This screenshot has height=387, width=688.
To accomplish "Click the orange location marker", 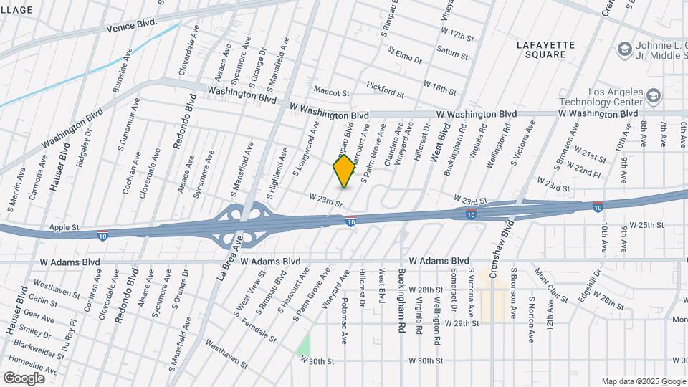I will point(344,171).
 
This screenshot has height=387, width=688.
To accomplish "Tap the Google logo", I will point(24,378).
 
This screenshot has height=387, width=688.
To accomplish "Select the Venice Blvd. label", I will point(130,24).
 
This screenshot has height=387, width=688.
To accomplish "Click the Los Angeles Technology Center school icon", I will point(653,95).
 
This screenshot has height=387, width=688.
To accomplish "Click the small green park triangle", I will point(305,347).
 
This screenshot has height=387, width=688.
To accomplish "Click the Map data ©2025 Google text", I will point(642,381).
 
